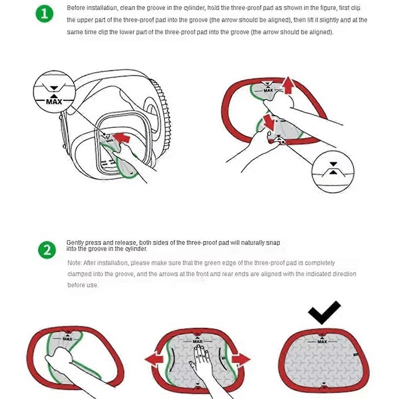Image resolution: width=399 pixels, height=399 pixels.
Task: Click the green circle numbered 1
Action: (x=45, y=14)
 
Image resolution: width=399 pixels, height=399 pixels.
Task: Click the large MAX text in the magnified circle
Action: (x=54, y=102)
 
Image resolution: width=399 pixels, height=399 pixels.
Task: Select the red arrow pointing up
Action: (x=288, y=85)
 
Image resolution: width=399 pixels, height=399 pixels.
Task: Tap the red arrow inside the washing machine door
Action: (x=122, y=138)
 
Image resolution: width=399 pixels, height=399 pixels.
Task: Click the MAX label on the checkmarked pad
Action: (x=322, y=341)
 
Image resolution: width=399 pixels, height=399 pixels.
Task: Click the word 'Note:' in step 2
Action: (x=74, y=263)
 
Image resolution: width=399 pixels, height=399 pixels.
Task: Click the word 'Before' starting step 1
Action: (x=76, y=8)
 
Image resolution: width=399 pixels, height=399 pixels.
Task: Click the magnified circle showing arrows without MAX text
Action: (x=333, y=172)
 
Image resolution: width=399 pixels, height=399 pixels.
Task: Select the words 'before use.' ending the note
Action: (x=83, y=285)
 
